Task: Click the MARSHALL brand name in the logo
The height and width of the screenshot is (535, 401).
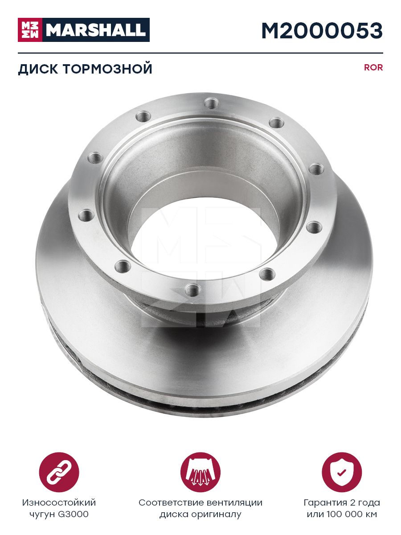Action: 96,30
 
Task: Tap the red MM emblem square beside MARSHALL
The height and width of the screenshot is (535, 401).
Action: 30,30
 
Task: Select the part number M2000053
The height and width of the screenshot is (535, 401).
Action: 322,30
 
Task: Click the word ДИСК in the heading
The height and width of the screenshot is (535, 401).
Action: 38,69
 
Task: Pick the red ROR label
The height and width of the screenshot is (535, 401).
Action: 373,67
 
